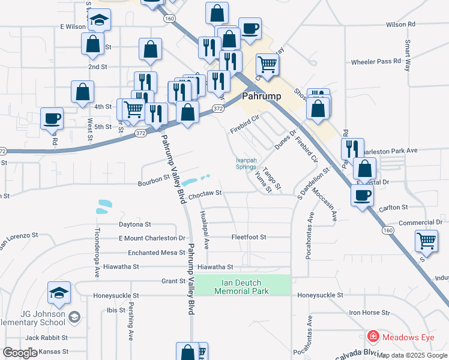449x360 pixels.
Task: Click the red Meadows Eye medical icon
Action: (x=373, y=338)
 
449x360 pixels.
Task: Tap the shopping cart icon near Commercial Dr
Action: (x=426, y=242)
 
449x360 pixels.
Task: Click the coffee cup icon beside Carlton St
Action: (x=362, y=196)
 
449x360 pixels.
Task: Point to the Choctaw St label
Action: (x=205, y=194)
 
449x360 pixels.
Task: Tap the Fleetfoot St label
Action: (x=249, y=237)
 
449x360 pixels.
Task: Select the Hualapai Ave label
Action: (x=205, y=230)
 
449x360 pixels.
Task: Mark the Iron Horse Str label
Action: (x=370, y=313)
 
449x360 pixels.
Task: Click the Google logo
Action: (x=20, y=353)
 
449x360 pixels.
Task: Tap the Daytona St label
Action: (x=134, y=224)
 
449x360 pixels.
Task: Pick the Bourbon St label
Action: (x=154, y=180)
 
